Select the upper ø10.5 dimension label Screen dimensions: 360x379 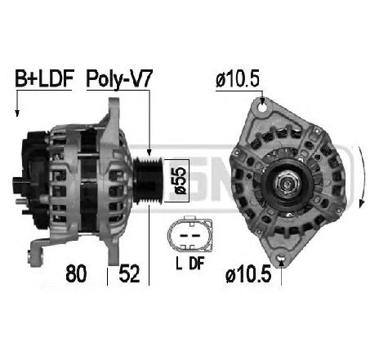[237, 79]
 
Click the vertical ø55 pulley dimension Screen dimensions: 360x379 [181, 180]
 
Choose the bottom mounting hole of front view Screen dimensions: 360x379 [281, 262]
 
